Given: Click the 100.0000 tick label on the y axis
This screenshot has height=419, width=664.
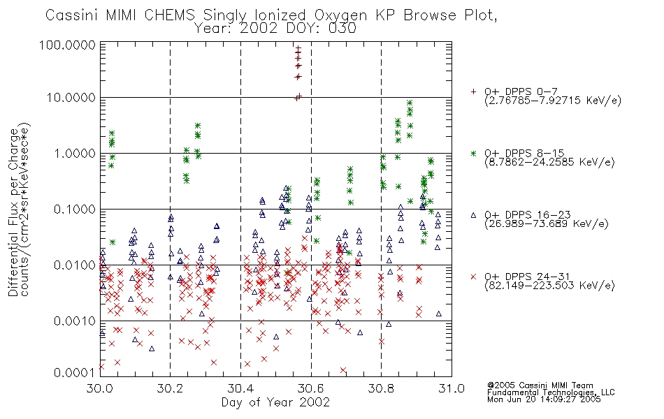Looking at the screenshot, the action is click(68, 45).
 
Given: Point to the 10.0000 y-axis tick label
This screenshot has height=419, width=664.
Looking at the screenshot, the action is click(71, 98).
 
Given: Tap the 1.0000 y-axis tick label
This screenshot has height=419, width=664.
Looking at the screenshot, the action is click(74, 154).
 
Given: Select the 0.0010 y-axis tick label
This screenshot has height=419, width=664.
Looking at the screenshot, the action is click(74, 321).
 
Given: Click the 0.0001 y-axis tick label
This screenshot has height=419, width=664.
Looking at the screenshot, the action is click(74, 373).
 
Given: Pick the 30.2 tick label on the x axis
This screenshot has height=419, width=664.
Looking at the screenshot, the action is click(171, 388).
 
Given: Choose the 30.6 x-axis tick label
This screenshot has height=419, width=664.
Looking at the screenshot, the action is click(311, 388).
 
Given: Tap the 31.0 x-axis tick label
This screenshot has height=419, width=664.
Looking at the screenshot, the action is click(452, 388).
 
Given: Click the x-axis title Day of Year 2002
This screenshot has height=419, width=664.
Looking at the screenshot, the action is click(275, 402).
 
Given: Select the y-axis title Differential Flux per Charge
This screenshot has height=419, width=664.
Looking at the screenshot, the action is click(13, 212).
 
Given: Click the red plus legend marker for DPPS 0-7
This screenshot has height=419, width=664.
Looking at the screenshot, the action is click(473, 91).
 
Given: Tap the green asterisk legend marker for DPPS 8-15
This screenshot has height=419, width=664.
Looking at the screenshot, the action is click(473, 153).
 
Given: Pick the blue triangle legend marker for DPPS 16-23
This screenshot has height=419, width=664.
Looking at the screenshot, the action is click(473, 215).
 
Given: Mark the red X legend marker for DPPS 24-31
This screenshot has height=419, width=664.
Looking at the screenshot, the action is click(473, 277).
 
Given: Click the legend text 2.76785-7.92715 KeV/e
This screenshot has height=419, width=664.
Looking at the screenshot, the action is click(553, 101).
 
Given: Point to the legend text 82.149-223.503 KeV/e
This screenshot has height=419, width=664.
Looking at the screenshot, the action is click(549, 286).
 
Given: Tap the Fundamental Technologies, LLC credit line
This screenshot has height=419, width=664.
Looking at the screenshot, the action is click(551, 392).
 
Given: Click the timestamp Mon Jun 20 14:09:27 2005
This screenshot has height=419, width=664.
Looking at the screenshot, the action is click(544, 399).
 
